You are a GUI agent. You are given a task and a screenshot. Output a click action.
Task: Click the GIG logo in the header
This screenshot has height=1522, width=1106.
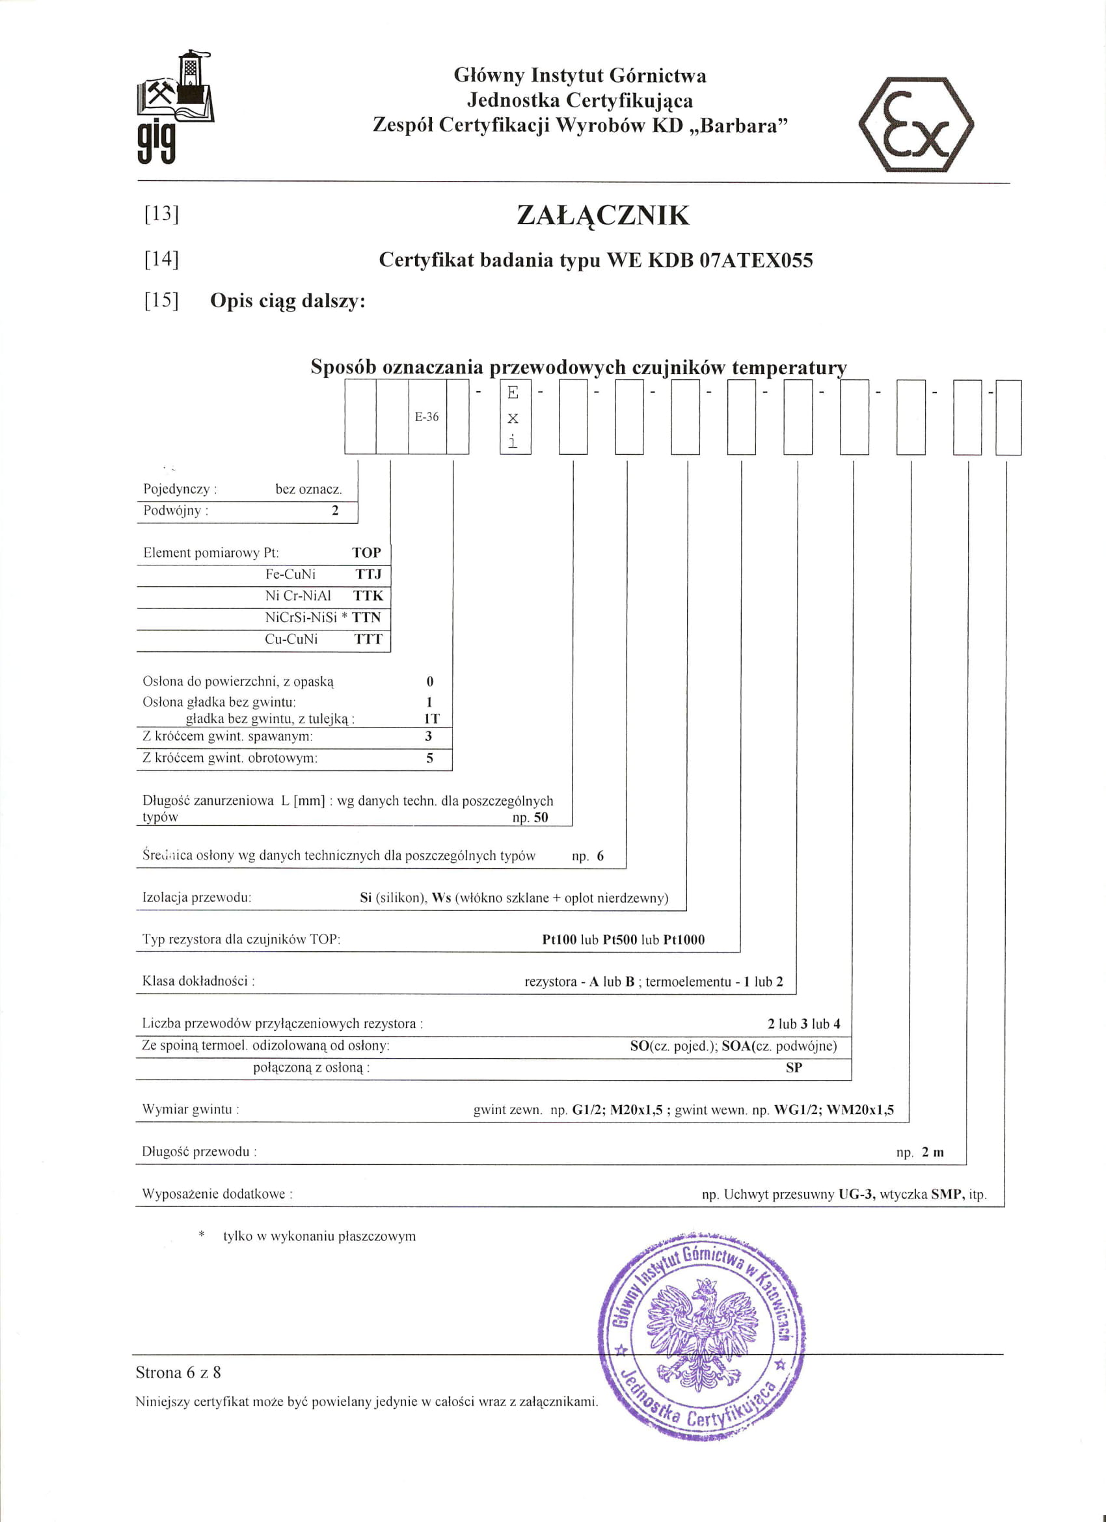pyautogui.click(x=174, y=107)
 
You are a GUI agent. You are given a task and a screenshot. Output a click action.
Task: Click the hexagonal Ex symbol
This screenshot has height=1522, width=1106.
pyautogui.click(x=916, y=125)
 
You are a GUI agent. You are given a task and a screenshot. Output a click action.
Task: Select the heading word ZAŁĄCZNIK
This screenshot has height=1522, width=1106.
pyautogui.click(x=602, y=215)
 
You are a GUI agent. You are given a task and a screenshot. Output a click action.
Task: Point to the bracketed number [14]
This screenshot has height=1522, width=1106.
pyautogui.click(x=162, y=258)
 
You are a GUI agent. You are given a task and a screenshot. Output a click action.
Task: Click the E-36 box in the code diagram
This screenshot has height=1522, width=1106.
pyautogui.click(x=427, y=416)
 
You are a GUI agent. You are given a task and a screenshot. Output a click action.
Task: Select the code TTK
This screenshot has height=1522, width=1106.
pyautogui.click(x=368, y=595)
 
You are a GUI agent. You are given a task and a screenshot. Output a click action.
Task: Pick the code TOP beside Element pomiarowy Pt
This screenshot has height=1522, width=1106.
pyautogui.click(x=366, y=552)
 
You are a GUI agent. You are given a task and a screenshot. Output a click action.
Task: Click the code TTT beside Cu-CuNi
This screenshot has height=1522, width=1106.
pyautogui.click(x=368, y=639)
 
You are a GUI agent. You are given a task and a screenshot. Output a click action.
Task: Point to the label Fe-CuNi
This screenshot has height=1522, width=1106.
pyautogui.click(x=291, y=575)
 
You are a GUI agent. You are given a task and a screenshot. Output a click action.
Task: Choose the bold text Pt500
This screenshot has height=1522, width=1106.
pyautogui.click(x=619, y=940)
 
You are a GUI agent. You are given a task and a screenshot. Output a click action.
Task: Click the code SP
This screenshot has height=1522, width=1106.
pyautogui.click(x=794, y=1067)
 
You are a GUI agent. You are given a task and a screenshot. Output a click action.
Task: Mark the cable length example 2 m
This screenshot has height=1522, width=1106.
pyautogui.click(x=932, y=1152)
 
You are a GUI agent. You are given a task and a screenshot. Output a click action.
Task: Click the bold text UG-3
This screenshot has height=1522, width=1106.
pyautogui.click(x=857, y=1195)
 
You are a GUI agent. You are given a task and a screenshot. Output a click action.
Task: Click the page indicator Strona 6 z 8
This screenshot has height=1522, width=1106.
pyautogui.click(x=178, y=1372)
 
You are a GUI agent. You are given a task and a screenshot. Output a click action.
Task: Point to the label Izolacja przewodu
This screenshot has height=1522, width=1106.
pyautogui.click(x=196, y=897)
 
